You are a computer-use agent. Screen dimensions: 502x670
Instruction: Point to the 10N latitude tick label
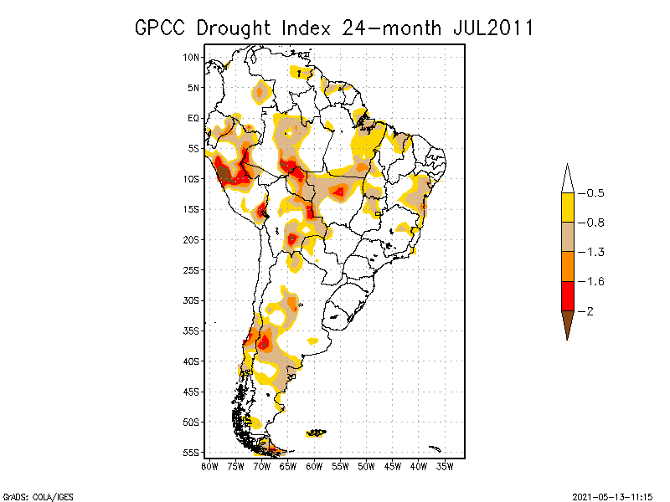click(192, 57)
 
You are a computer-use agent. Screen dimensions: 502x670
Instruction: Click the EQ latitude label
click(193, 118)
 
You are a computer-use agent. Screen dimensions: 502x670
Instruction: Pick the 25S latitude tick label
click(192, 269)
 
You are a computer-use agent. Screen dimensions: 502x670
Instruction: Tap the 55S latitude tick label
click(192, 452)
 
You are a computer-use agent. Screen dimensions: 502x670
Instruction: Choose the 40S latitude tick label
click(192, 361)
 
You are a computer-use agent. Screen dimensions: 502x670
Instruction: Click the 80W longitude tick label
click(210, 465)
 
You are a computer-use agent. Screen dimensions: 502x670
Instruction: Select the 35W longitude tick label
click(446, 465)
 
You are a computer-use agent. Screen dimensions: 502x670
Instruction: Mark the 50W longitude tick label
click(367, 465)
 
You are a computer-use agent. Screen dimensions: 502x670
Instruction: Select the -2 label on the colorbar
click(589, 311)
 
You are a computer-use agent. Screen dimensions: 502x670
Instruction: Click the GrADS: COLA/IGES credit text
click(32, 495)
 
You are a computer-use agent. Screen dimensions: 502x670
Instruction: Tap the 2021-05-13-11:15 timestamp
click(612, 495)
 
